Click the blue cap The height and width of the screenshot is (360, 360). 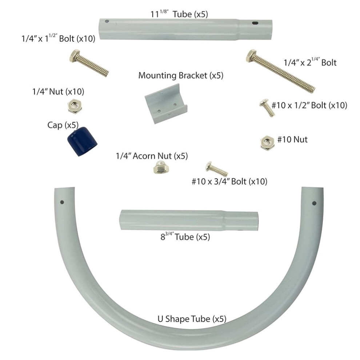[x=82, y=141]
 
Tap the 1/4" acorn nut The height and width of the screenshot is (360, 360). [x=161, y=167]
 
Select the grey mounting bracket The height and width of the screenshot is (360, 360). [x=166, y=104]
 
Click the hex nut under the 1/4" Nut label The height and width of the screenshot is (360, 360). [x=75, y=106]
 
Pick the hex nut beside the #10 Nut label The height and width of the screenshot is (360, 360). [x=268, y=143]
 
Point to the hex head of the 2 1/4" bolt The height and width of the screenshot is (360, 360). [x=251, y=56]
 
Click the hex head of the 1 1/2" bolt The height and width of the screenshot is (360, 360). [x=75, y=56]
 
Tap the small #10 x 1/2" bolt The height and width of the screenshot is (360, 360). [x=267, y=108]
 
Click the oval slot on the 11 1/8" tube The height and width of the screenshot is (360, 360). [x=255, y=23]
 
